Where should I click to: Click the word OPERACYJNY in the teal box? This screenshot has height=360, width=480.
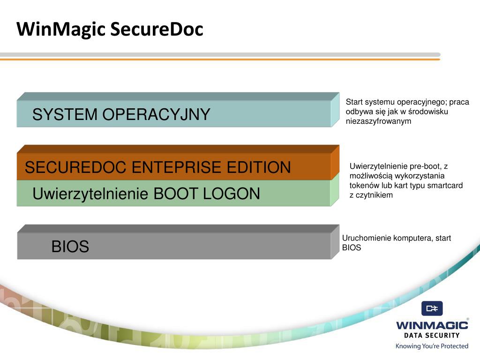[x=156, y=114]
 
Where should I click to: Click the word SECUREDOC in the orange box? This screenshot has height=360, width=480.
[x=75, y=167]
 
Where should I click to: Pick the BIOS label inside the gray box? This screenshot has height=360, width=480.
[x=70, y=247]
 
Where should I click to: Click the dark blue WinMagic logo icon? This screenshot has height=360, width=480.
[x=432, y=308]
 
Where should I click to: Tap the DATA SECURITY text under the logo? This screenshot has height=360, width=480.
[x=432, y=335]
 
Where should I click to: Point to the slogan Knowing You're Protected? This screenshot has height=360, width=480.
[x=432, y=346]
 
